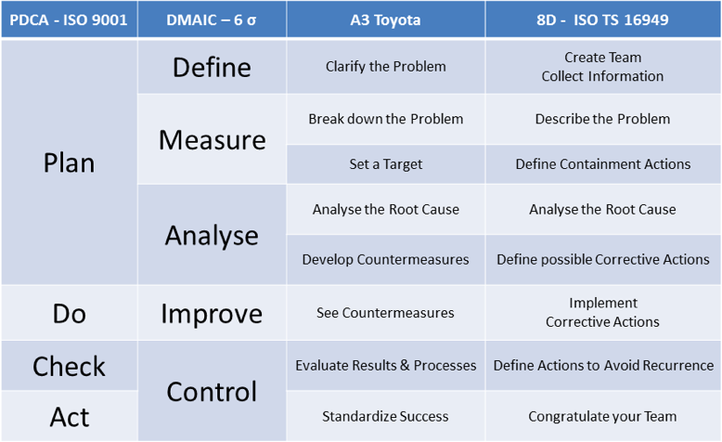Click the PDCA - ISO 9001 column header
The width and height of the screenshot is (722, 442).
[69, 19]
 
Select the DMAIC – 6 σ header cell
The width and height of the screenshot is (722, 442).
[212, 19]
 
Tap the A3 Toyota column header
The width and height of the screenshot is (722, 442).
[385, 19]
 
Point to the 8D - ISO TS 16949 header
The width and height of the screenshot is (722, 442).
[602, 19]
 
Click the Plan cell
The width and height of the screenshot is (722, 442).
[69, 162]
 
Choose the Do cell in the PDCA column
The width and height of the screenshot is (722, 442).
[69, 313]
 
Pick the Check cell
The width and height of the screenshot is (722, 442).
[69, 366]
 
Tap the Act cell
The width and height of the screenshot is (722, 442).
[69, 416]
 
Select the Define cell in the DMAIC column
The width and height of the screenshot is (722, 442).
[212, 67]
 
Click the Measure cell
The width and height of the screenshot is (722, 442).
[212, 139]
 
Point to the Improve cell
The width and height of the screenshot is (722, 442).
[212, 313]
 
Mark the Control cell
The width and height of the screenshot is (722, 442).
[212, 391]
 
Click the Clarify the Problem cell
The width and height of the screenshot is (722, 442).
[385, 67]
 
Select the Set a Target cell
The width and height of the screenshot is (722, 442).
[385, 164]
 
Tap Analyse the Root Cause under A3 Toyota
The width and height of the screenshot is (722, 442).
[385, 209]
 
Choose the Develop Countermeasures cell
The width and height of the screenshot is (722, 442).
[385, 259]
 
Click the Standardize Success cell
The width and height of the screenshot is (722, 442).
[385, 416]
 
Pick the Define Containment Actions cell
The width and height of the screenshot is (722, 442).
[602, 164]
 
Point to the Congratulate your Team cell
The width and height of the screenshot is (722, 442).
[602, 416]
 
